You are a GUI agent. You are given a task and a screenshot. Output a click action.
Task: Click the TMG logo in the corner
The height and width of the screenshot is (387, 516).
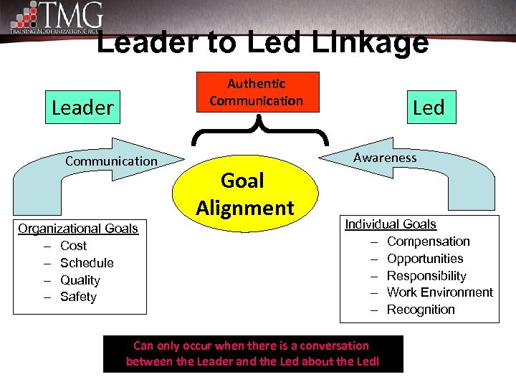(x=57, y=18)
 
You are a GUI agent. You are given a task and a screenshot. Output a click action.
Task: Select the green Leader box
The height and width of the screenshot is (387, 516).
(x=82, y=107)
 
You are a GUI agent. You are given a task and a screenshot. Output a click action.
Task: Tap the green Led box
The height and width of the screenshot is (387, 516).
(x=429, y=107)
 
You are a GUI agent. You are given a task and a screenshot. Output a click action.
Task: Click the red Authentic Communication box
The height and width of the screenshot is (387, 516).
(x=256, y=92)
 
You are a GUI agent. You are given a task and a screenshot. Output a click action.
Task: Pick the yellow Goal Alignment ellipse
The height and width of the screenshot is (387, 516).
(x=244, y=193)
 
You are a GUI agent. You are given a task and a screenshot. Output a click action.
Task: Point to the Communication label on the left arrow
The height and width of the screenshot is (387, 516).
(x=111, y=161)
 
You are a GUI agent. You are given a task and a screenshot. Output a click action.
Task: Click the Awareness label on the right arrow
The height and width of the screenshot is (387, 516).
(x=385, y=158)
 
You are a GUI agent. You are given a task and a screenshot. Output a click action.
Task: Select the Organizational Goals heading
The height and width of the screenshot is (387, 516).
(x=78, y=229)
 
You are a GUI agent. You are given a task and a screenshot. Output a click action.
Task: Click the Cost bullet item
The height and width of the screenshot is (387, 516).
(x=73, y=246)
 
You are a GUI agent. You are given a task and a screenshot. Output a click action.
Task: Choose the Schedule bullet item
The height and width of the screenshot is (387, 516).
(x=87, y=263)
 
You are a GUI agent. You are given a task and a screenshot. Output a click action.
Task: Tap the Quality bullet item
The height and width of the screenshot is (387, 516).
(x=80, y=280)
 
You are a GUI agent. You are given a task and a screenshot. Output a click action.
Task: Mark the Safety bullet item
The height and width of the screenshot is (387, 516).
(x=78, y=297)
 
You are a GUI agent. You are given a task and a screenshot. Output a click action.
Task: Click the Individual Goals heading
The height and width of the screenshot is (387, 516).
(x=391, y=224)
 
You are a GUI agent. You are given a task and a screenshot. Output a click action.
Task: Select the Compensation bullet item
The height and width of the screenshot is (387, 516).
(x=428, y=242)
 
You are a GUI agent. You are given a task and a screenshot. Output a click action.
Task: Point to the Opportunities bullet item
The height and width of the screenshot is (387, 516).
(x=425, y=259)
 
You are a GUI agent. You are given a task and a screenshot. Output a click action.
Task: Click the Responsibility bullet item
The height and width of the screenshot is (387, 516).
(x=426, y=276)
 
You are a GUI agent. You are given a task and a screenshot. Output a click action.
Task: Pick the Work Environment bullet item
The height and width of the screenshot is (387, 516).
(x=439, y=292)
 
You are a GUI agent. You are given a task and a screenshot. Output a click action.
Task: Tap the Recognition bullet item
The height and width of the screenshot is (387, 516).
(x=421, y=310)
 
